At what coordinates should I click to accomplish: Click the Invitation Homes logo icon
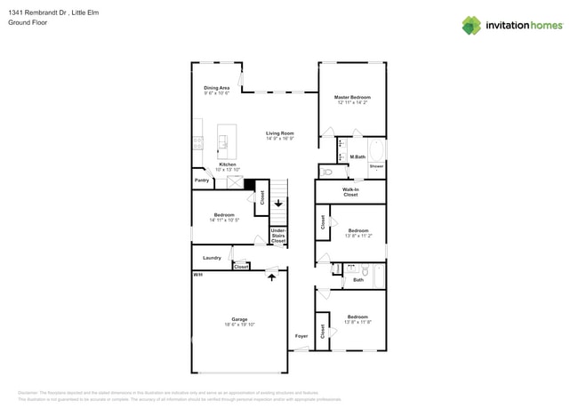[x=470, y=25]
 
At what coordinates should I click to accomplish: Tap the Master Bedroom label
[x=352, y=97]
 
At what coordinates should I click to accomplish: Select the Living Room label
[x=279, y=133]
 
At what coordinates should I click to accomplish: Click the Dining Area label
[x=217, y=87]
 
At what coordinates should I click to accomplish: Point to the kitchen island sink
[x=222, y=142]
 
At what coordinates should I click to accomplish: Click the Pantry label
[x=202, y=180]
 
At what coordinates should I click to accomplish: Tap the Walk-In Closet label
[x=350, y=191]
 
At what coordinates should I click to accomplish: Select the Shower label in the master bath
[x=376, y=166]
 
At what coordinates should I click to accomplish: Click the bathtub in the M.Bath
[x=376, y=148]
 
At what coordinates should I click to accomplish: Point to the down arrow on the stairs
[x=278, y=203]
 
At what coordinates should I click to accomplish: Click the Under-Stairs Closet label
[x=278, y=236]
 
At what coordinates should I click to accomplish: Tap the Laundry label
[x=212, y=258]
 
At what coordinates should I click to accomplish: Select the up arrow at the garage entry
[x=271, y=277]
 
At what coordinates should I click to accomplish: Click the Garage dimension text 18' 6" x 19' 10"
[x=239, y=325]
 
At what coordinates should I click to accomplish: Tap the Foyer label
[x=301, y=335]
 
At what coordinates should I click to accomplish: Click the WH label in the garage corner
[x=197, y=275]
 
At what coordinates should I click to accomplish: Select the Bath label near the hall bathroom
[x=358, y=280]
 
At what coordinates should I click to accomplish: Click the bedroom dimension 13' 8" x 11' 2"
[x=357, y=236]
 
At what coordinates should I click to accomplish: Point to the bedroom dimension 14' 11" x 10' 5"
[x=223, y=220]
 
